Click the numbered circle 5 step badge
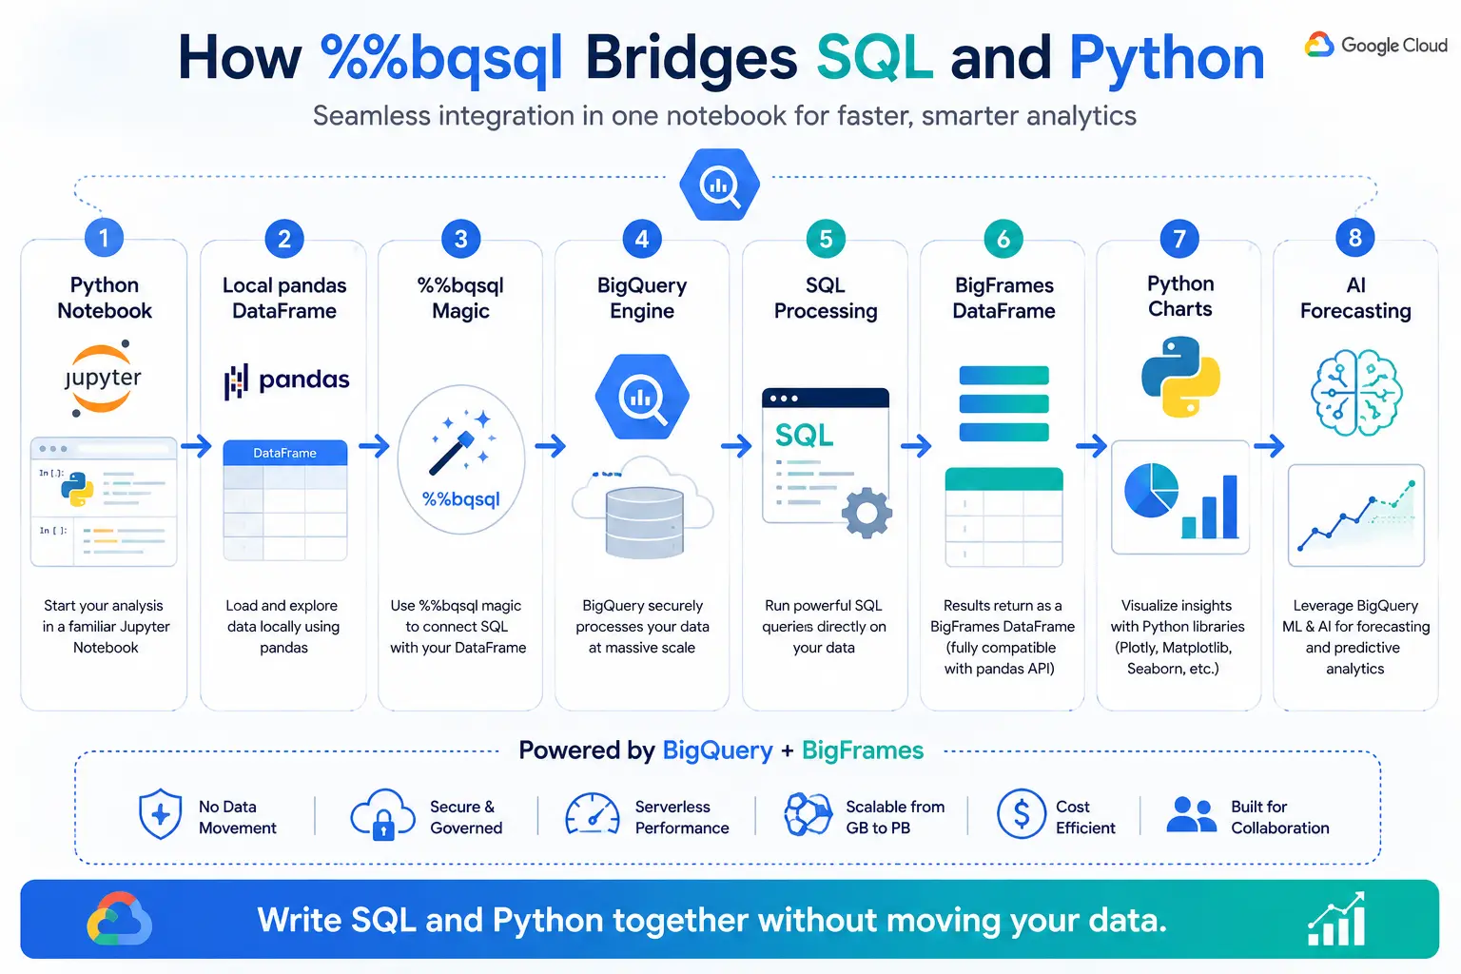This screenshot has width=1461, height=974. [x=825, y=239]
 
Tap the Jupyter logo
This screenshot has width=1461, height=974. [x=103, y=378]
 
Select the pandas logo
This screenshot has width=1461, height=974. [x=286, y=380]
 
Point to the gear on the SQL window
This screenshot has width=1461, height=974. [x=867, y=513]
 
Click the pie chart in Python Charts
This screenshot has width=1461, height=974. [x=1151, y=489]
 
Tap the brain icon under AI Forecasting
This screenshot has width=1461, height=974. [x=1356, y=392]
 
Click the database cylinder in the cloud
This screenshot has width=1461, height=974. [x=644, y=522]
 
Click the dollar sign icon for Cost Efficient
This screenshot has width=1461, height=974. [x=1021, y=813]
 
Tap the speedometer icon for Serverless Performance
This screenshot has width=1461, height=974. [x=593, y=813]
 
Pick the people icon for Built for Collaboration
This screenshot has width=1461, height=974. [x=1191, y=814]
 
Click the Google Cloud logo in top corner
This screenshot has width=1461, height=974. [x=1375, y=45]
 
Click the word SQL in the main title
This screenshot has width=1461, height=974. [x=874, y=58]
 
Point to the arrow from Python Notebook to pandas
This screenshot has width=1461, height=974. [x=196, y=446]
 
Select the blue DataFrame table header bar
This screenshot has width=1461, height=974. [x=285, y=453]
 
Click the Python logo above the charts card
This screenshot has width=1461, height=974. [x=1180, y=377]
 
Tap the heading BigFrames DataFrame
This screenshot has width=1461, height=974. [x=1003, y=298]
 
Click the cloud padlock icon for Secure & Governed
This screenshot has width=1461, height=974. [x=382, y=814]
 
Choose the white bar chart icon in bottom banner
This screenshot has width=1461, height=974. [x=1335, y=919]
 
